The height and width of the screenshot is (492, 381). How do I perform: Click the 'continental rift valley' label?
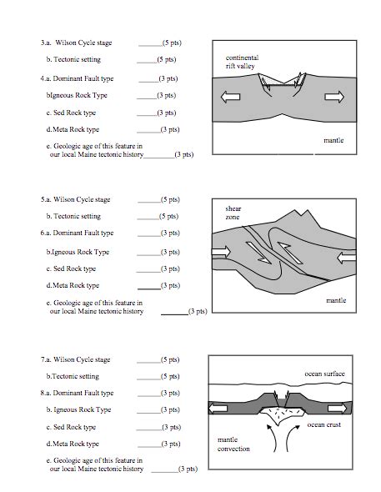click(x=242, y=62)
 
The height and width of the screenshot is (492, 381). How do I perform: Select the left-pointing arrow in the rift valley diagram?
click(x=230, y=97)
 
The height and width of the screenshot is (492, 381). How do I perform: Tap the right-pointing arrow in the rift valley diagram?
click(x=334, y=97)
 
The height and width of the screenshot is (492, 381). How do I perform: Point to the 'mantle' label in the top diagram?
click(x=333, y=140)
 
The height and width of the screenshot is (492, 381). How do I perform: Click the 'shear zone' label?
click(x=233, y=213)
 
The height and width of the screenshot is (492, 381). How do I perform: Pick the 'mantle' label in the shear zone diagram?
click(x=336, y=300)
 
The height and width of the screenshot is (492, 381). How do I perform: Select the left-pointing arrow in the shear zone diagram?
click(x=347, y=258)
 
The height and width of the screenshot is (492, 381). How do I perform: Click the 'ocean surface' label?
click(x=324, y=374)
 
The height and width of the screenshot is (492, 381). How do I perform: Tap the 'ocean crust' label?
click(x=324, y=424)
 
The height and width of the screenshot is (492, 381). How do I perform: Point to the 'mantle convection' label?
click(x=233, y=444)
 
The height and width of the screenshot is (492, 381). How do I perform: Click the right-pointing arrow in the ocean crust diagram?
click(x=338, y=409)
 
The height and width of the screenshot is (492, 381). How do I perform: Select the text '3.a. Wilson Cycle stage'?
click(x=76, y=43)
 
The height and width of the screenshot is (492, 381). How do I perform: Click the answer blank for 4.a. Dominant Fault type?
click(x=148, y=82)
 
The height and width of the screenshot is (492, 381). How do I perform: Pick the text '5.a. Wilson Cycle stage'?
click(x=75, y=199)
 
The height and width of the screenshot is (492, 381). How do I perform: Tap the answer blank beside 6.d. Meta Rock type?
click(x=149, y=289)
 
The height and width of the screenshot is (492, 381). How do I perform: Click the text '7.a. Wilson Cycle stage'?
click(x=75, y=359)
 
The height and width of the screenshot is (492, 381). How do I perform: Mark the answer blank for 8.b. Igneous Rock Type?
click(x=149, y=413)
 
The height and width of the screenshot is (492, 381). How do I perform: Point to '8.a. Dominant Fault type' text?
click(x=77, y=393)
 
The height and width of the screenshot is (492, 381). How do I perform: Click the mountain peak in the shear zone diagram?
click(x=295, y=209)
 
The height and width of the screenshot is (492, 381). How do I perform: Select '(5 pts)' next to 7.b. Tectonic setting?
click(x=170, y=376)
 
